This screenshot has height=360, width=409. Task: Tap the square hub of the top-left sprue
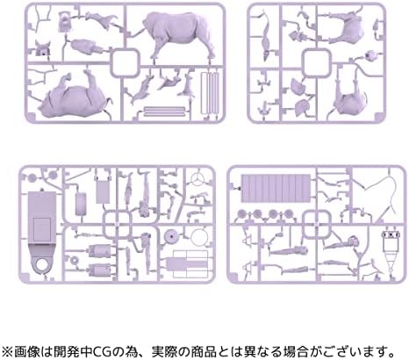click(125, 62)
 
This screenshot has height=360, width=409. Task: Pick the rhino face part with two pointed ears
click(43, 48)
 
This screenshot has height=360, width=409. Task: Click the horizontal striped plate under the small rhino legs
click(164, 112)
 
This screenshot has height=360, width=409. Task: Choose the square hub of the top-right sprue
click(317, 62)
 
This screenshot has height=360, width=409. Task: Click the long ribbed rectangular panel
click(276, 189)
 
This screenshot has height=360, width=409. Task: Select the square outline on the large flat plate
click(42, 229)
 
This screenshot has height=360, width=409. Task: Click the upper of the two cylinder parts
click(100, 250)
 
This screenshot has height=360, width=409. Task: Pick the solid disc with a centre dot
click(171, 236)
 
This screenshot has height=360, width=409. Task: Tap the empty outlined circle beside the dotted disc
click(199, 236)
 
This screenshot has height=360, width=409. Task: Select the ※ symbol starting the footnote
click(8, 350)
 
